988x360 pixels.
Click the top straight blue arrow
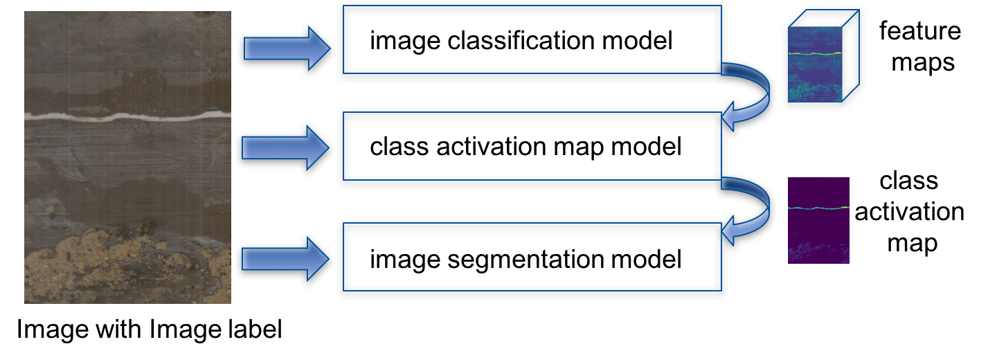click(x=284, y=48)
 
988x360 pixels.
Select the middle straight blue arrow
click(x=284, y=147)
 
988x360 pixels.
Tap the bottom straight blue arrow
click(x=284, y=258)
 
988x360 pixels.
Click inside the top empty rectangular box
click(x=532, y=43)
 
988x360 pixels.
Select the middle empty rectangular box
click(x=532, y=149)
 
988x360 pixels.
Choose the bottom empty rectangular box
click(x=532, y=260)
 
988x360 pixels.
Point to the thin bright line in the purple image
click(x=818, y=208)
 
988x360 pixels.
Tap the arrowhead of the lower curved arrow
click(x=730, y=231)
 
